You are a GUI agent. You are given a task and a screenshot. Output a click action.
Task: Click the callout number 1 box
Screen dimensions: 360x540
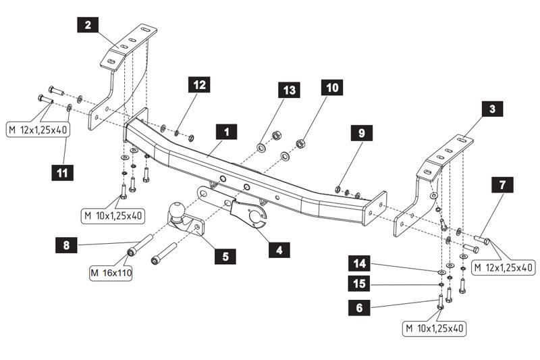point(227,132)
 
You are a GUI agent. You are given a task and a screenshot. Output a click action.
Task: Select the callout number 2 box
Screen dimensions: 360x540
point(88,26)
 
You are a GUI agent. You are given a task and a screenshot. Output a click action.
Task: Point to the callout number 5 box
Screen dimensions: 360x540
point(225,256)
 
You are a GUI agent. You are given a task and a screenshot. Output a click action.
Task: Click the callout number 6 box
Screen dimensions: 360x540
point(358,307)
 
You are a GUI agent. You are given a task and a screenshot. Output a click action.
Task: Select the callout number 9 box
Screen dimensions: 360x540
point(361,133)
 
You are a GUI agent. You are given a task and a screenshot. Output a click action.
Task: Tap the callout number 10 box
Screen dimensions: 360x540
point(333,88)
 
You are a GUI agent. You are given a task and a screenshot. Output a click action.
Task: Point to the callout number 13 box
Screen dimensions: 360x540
point(289,91)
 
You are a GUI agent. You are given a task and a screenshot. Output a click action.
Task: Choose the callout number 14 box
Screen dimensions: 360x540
point(358,261)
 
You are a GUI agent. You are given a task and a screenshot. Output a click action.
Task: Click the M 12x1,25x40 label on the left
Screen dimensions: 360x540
point(38,129)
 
